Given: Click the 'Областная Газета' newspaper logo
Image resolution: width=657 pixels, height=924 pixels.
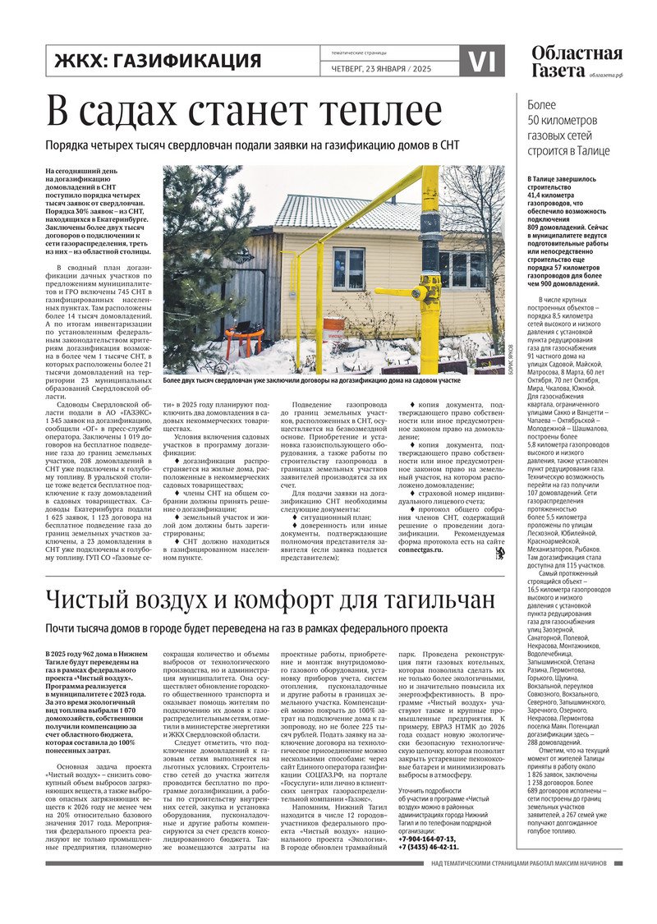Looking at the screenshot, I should tap(576, 62).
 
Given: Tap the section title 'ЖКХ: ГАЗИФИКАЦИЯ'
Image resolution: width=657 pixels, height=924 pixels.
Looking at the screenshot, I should tap(157, 61).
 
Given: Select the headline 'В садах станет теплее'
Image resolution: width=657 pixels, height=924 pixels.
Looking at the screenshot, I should tap(243, 111).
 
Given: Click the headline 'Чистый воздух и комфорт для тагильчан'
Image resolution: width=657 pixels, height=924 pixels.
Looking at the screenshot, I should tap(270, 600).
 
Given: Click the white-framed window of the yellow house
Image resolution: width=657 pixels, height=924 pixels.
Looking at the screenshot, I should tap(348, 269).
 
